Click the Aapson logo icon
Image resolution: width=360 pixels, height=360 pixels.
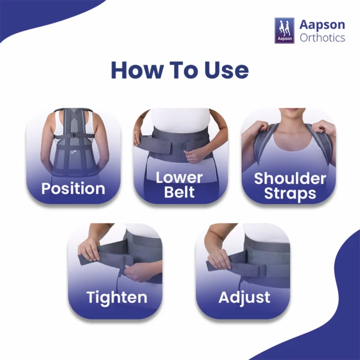point(284,30)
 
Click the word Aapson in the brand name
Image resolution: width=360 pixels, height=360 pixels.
point(322,25)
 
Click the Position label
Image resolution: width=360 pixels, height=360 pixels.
point(73,189)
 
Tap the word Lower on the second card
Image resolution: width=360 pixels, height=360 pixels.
point(179,177)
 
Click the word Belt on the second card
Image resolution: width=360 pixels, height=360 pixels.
point(179,192)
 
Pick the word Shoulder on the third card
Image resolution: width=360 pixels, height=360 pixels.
point(290,178)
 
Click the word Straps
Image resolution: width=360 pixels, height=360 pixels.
point(290,193)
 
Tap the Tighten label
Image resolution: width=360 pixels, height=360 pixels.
point(117,298)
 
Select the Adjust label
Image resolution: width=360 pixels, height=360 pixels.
point(244,298)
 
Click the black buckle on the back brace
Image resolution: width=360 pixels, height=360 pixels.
point(74,135)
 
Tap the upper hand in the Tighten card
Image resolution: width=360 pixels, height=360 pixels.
point(89,249)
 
